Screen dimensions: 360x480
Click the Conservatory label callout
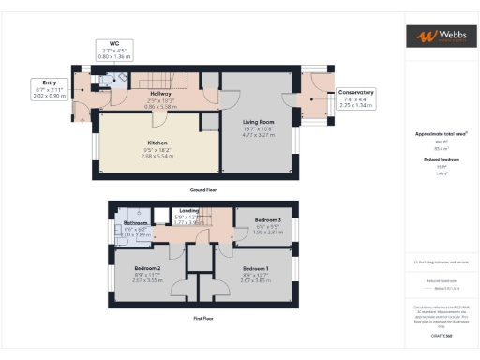coord(355,93)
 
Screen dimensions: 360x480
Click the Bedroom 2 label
coord(148,269)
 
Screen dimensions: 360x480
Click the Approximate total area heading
coord(440,134)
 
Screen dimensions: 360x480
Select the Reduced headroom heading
coord(440,160)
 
